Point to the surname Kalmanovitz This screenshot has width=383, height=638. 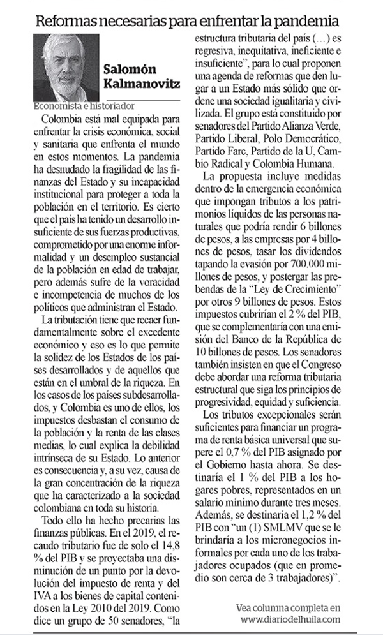pyautogui.click(x=141, y=84)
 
